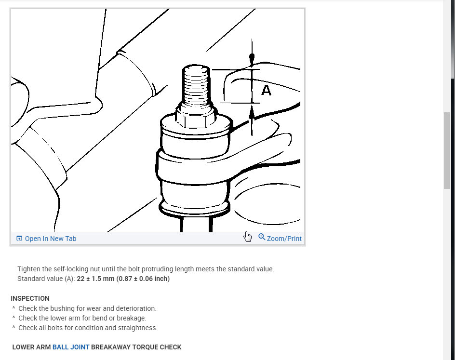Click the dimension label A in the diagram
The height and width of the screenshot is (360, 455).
266,90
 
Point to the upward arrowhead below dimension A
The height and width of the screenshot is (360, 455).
252,113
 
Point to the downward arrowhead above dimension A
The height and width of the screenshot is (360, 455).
252,59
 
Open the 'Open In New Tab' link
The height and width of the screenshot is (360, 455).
50,239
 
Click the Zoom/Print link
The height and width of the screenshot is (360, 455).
284,239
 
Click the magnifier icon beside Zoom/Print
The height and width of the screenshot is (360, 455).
262,237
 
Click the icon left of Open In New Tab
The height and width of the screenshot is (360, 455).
19,239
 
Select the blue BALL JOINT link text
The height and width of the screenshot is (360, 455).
71,347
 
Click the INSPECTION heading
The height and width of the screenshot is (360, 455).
30,298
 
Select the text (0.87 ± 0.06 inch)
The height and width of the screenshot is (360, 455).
146,279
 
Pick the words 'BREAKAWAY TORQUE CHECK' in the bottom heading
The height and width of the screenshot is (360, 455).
136,347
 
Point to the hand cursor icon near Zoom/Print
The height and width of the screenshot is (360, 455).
248,237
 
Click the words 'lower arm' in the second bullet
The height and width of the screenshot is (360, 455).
67,318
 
